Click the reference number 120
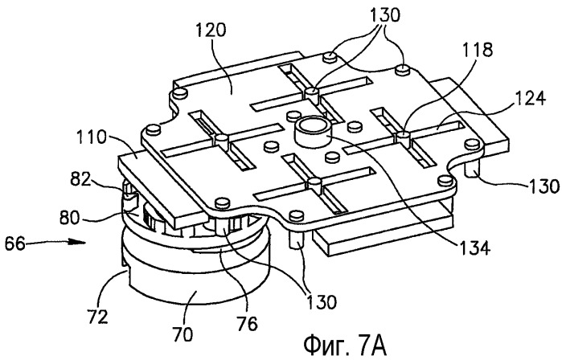pyautogui.click(x=211, y=30)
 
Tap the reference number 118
pyautogui.click(x=477, y=50)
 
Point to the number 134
pyautogui.click(x=474, y=247)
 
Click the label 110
pyautogui.click(x=92, y=137)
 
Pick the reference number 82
pyautogui.click(x=80, y=179)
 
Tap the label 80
pyautogui.click(x=69, y=218)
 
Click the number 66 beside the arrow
pyautogui.click(x=15, y=244)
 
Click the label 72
pyautogui.click(x=97, y=316)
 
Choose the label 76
pyautogui.click(x=248, y=324)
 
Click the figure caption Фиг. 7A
pyautogui.click(x=345, y=346)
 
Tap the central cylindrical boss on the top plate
pyautogui.click(x=312, y=133)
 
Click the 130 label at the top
pyautogui.click(x=384, y=15)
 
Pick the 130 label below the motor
pyautogui.click(x=321, y=301)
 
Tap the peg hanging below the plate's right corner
pyautogui.click(x=473, y=169)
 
